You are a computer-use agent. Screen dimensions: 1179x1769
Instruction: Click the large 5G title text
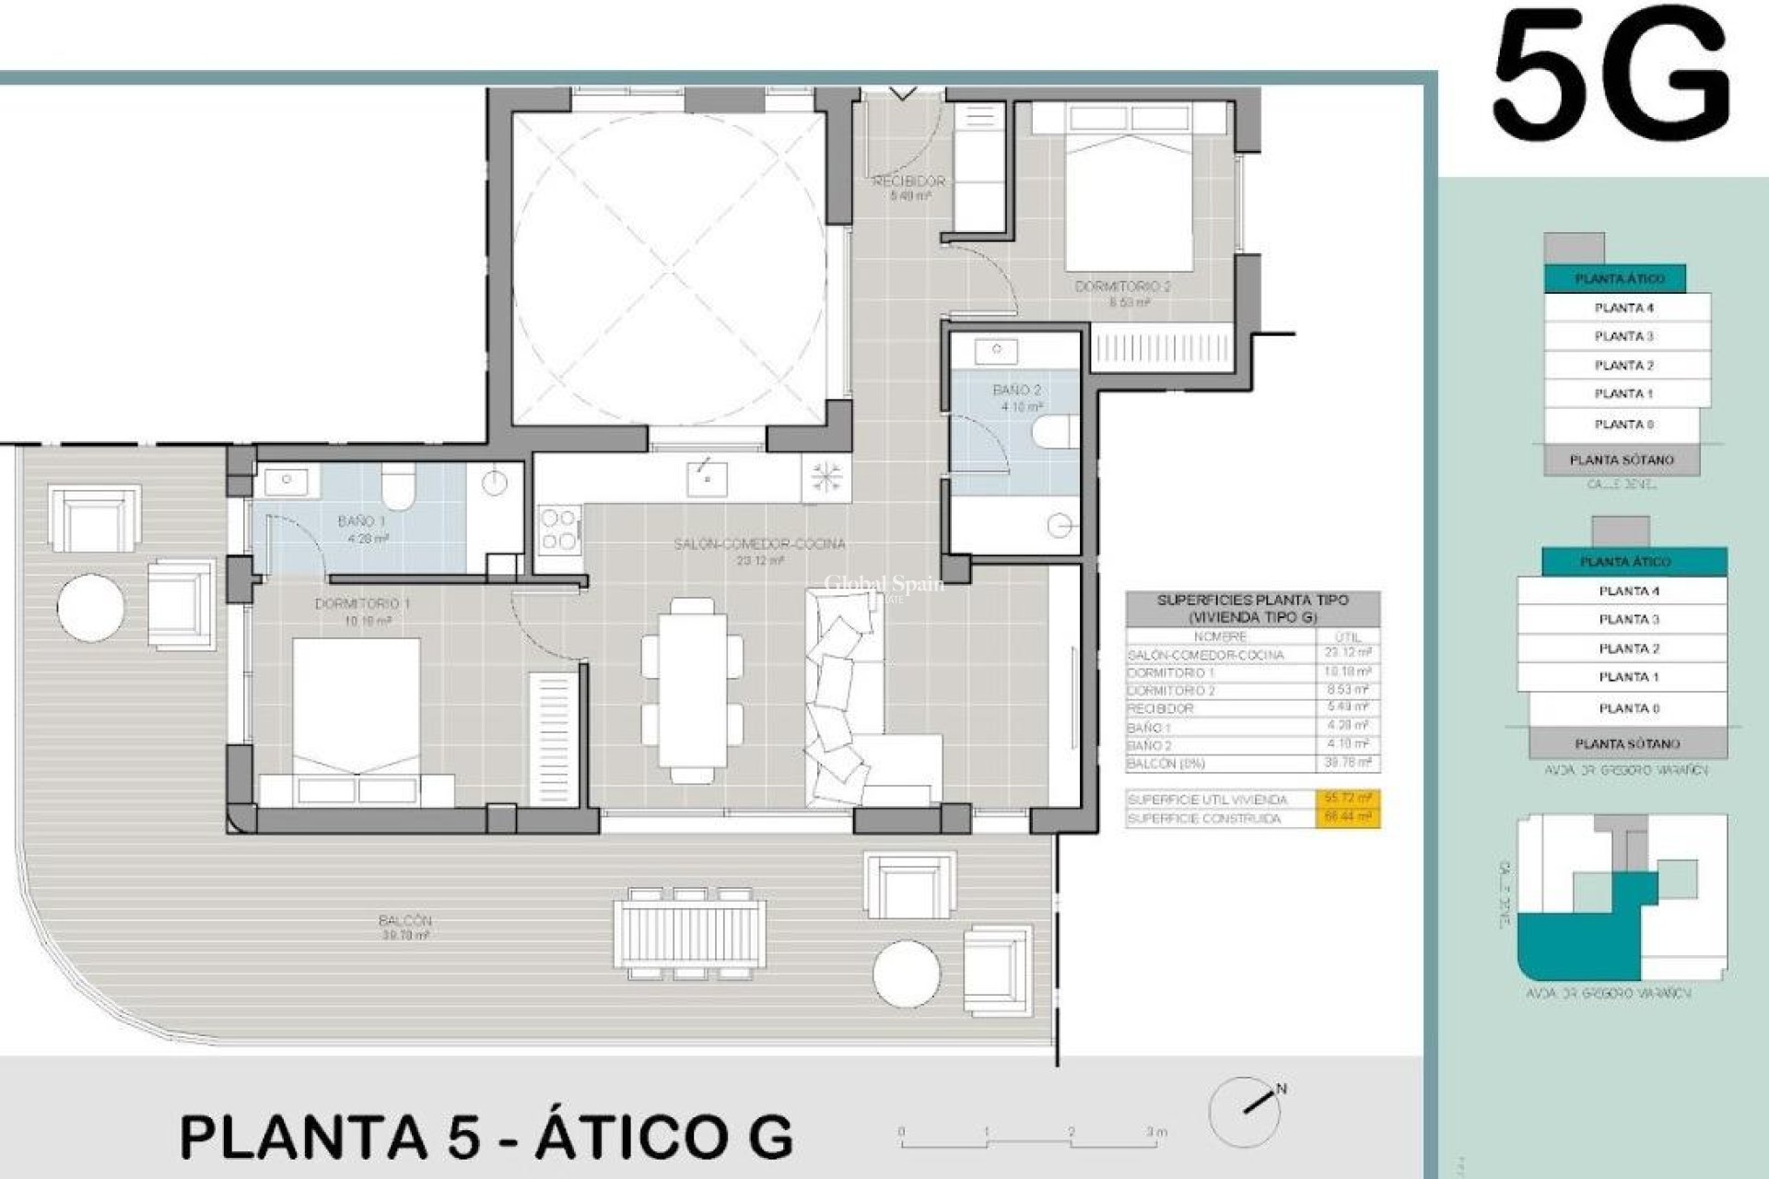coord(1611,78)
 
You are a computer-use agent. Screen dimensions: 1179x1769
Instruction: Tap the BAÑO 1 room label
coord(361,521)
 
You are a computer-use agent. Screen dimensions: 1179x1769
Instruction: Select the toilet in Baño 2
coord(1056,431)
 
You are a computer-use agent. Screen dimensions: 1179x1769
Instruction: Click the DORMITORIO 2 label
coord(1122,287)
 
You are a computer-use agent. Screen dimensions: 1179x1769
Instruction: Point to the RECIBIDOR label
coord(908,181)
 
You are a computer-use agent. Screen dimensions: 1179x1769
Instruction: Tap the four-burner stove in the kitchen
coord(558,530)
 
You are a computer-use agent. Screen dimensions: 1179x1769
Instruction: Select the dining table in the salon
coord(692,691)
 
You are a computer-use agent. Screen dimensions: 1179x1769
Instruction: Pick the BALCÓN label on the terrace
coord(404,920)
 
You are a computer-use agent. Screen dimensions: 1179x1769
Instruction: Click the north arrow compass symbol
coord(1246,1110)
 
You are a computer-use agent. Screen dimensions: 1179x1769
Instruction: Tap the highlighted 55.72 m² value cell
coord(1346,800)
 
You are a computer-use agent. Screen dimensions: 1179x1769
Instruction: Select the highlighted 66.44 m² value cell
coord(1346,818)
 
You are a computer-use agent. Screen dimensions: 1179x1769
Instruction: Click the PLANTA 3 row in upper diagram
coord(1623,336)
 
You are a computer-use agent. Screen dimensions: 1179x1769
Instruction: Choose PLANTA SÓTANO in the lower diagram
coord(1627,743)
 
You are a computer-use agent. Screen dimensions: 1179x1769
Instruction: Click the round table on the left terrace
coord(90,607)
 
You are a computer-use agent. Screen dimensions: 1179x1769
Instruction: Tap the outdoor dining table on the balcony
coord(690,933)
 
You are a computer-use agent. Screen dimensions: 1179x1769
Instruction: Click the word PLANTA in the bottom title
coord(304,1138)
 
